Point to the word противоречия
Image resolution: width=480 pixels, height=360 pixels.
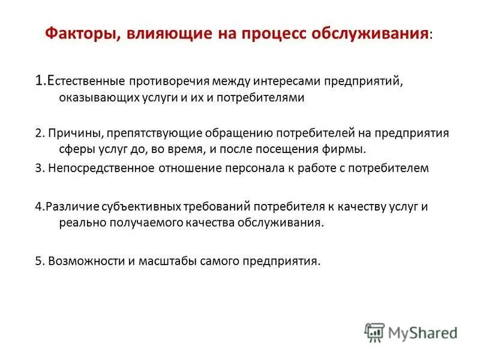[162, 80]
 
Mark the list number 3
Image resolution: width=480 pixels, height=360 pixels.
[38, 168]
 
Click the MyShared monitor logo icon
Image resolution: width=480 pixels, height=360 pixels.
[374, 331]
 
